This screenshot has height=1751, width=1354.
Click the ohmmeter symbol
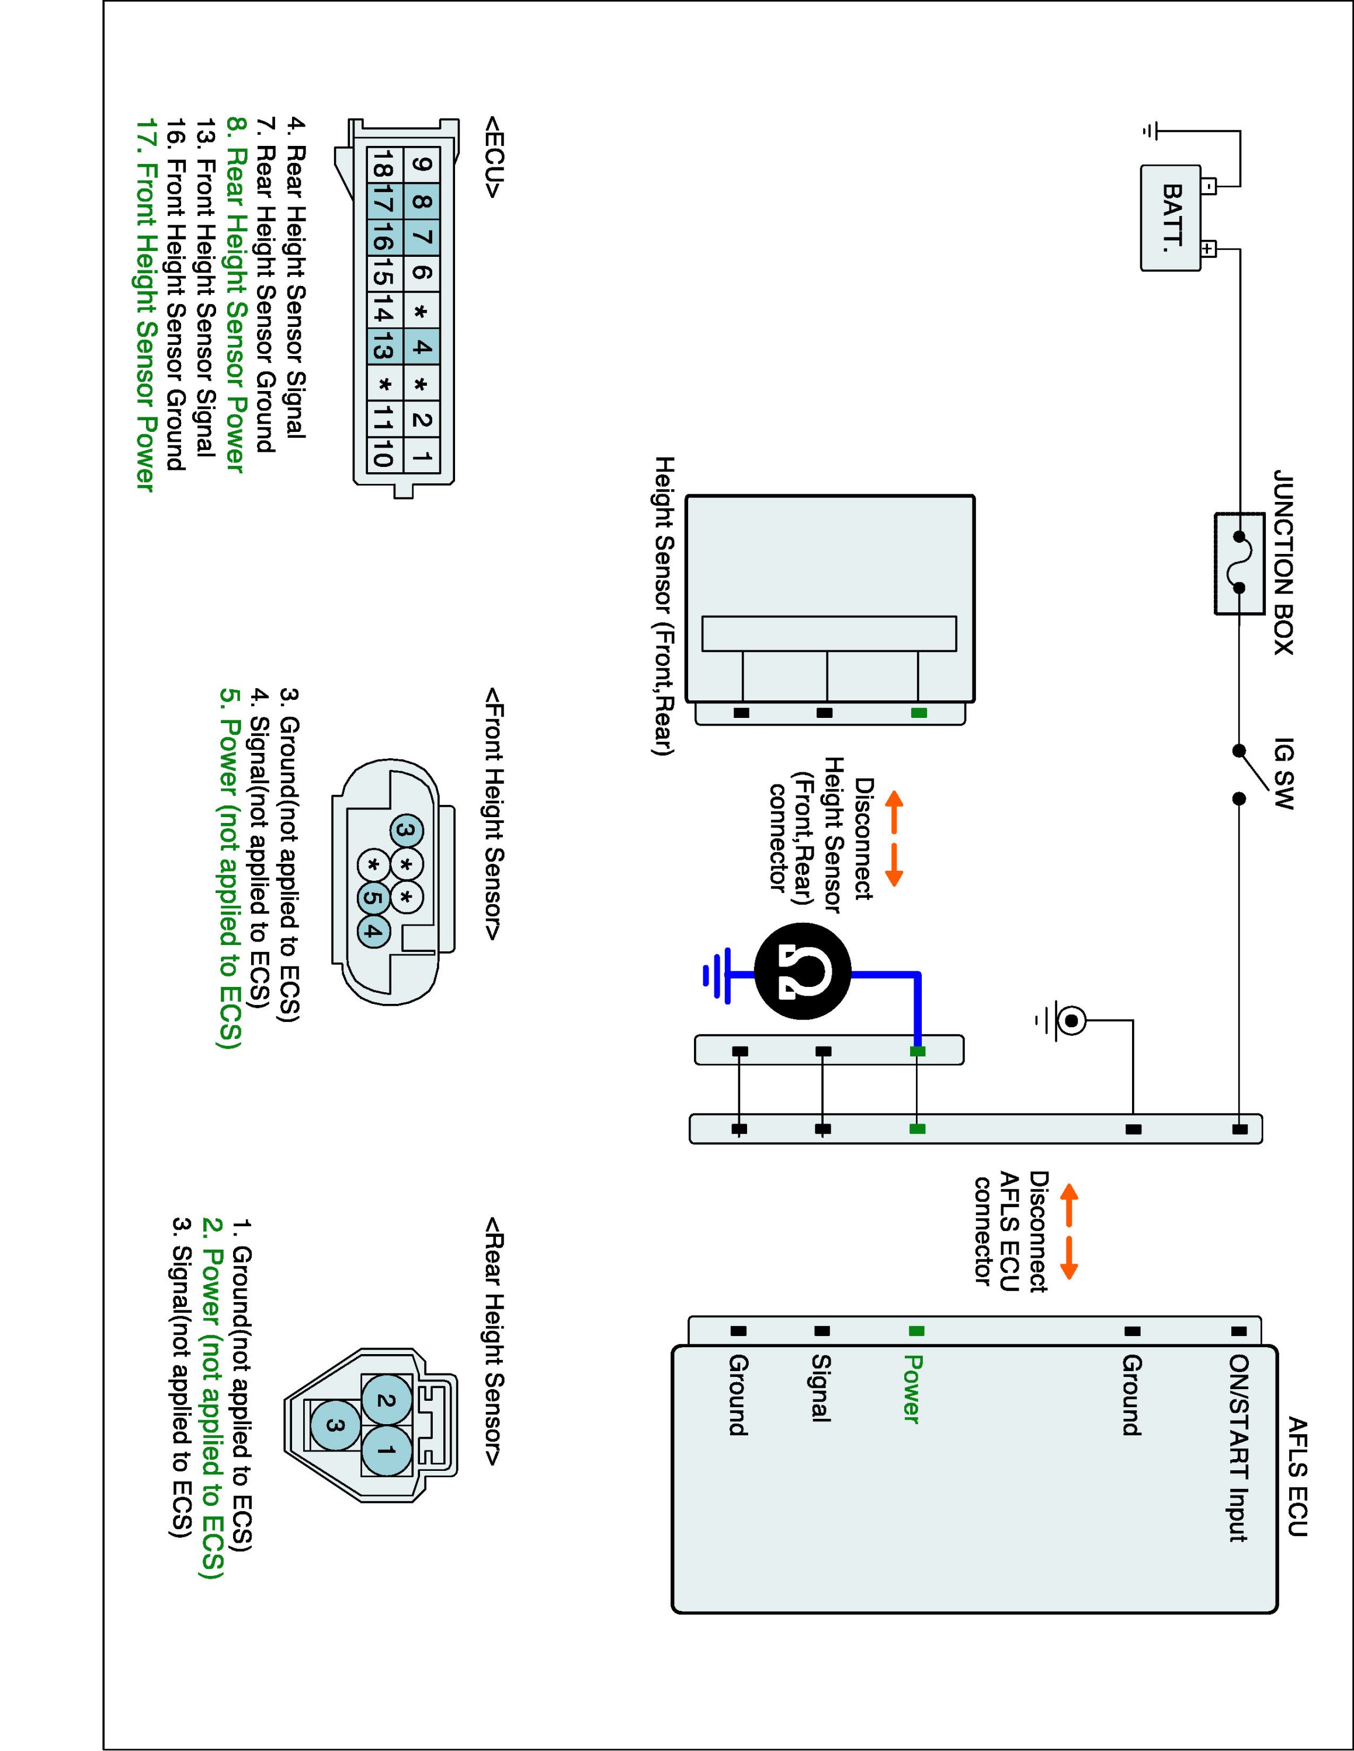(802, 974)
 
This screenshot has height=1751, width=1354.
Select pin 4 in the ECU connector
(422, 348)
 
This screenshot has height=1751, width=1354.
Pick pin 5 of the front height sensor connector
(372, 897)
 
